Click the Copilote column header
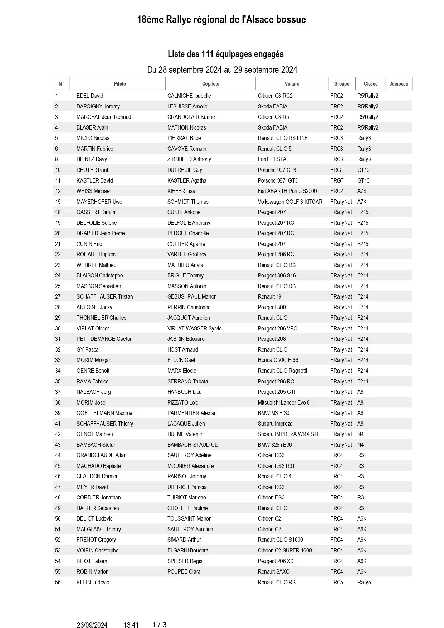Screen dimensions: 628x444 tap(210, 84)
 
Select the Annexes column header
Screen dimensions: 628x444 tap(399, 84)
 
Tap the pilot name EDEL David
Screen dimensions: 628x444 tap(90, 96)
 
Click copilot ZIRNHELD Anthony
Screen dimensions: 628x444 tap(189, 159)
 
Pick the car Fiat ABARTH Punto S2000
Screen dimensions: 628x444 tap(287, 191)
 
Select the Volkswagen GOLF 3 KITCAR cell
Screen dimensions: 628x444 tap(290, 202)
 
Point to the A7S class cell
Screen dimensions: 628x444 tap(362, 191)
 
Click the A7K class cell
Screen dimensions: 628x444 tap(362, 202)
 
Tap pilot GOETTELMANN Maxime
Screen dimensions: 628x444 tap(104, 413)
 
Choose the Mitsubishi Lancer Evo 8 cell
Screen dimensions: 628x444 tap(284, 403)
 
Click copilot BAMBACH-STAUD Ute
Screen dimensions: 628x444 tap(192, 445)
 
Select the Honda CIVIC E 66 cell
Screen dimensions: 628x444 tap(278, 360)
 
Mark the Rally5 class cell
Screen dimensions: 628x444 tap(364, 583)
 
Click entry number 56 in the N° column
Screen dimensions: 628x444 tap(58, 583)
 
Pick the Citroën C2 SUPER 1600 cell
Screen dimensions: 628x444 tap(285, 551)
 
